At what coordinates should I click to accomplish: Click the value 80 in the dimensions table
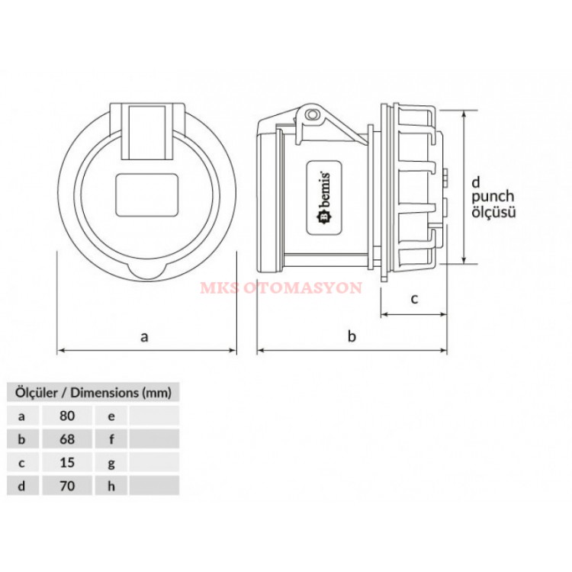67,416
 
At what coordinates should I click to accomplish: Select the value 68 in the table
67,439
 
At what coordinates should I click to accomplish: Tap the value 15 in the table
67,462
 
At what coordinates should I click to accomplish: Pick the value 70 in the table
67,486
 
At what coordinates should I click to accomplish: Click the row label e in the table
111,416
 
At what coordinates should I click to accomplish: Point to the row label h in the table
111,486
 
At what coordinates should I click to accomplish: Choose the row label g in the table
111,463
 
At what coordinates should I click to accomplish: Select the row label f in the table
111,439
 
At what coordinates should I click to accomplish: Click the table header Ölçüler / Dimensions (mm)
93,393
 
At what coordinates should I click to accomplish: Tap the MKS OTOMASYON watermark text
281,288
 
